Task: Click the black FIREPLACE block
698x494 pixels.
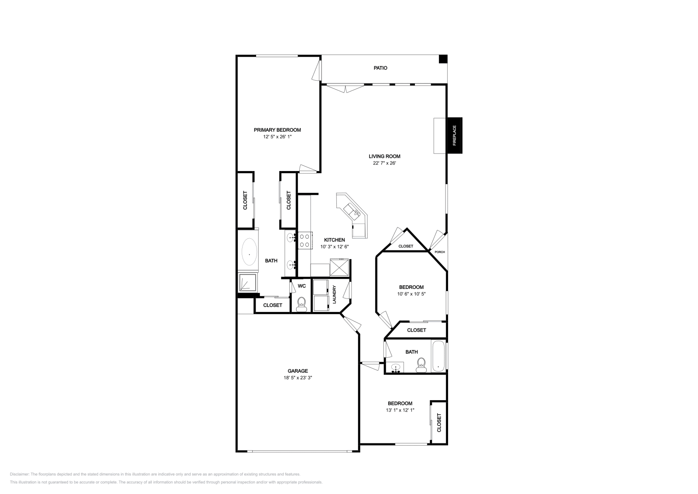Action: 455,135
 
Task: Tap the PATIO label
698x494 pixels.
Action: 380,68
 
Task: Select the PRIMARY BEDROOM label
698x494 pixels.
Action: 277,130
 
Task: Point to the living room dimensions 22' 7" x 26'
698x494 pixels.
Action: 384,163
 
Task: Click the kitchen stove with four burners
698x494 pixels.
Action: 305,240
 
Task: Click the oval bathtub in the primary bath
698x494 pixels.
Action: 249,252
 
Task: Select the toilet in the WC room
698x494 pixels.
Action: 301,304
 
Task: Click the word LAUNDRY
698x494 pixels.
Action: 334,295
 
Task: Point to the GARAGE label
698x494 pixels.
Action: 298,371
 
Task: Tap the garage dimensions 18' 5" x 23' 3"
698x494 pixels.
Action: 298,378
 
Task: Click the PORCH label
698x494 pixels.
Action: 440,252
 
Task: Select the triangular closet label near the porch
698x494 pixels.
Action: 406,246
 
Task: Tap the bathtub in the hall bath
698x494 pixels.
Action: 438,356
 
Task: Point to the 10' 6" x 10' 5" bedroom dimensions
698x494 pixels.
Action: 411,294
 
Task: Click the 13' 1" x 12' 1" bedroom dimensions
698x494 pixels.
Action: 400,410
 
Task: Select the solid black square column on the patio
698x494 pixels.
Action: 443,59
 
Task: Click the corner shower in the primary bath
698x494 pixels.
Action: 248,282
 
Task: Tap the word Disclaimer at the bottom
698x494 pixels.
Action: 19,474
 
